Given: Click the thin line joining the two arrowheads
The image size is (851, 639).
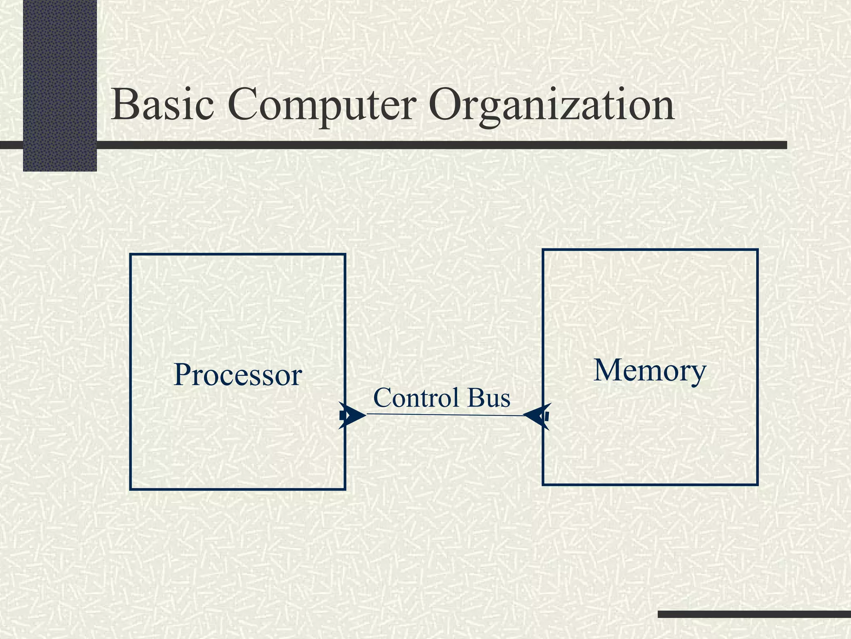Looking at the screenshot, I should click(445, 415).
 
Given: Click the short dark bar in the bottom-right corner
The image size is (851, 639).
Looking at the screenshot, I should click(754, 614).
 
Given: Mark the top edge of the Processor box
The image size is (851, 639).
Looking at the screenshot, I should click(237, 254).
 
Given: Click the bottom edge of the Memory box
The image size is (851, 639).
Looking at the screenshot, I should click(650, 484).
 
